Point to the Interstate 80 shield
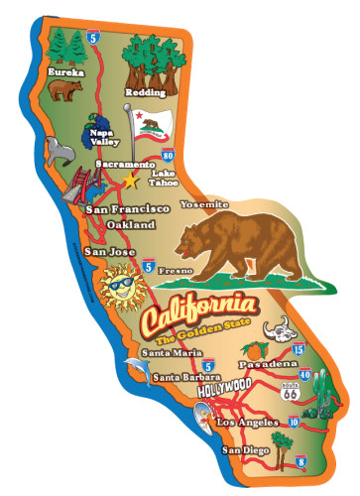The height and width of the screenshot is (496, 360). [x=169, y=155]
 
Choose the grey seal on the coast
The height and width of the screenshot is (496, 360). [x=58, y=150]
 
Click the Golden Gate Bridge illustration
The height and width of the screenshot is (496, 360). [x=76, y=187]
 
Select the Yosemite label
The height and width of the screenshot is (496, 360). [x=204, y=204]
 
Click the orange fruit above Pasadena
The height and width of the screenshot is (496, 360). [x=255, y=351]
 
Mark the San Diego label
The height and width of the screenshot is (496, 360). [x=245, y=452]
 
